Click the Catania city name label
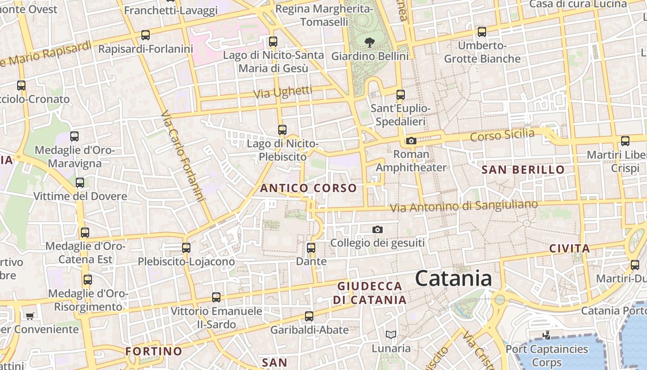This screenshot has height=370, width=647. click(x=453, y=278)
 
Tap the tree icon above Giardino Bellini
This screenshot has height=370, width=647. click(x=369, y=43)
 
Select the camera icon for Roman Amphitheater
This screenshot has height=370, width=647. click(x=411, y=141)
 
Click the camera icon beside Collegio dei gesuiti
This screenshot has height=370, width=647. click(x=378, y=230)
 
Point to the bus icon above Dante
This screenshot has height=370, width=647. click(x=311, y=248)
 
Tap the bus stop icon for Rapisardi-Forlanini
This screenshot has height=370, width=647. click(x=146, y=35)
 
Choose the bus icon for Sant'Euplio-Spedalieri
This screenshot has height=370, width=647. click(x=401, y=95)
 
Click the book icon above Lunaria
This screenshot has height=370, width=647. click(x=391, y=334)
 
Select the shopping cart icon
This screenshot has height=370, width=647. click(x=30, y=316)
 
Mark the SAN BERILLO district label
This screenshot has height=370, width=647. click(x=523, y=170)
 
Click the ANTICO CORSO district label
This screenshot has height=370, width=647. click(x=308, y=188)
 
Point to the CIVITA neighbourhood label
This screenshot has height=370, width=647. click(x=569, y=248)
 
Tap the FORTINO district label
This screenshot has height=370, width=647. click(x=153, y=351)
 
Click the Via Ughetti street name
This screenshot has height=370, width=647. click(x=283, y=92)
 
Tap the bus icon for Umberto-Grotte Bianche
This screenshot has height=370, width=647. click(x=482, y=32)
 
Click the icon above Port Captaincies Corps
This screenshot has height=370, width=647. click(x=546, y=335)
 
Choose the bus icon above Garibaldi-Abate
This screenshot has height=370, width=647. click(x=309, y=317)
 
